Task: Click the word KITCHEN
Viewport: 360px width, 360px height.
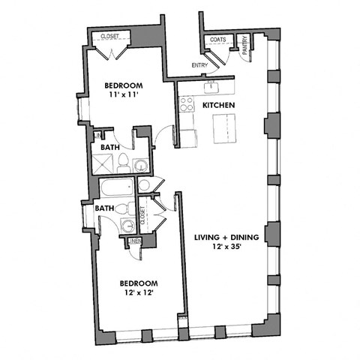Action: (x=219, y=106)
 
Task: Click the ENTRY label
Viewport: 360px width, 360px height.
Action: (x=199, y=65)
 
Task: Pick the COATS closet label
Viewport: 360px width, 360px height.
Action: (x=218, y=39)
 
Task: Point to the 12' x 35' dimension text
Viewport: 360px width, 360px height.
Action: (x=226, y=247)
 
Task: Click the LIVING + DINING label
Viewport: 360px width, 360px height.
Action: (x=226, y=237)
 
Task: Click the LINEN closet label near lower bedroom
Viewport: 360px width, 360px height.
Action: (x=134, y=241)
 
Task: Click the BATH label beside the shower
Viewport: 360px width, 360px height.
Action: (x=111, y=148)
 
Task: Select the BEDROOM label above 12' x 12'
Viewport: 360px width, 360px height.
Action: (x=139, y=283)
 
